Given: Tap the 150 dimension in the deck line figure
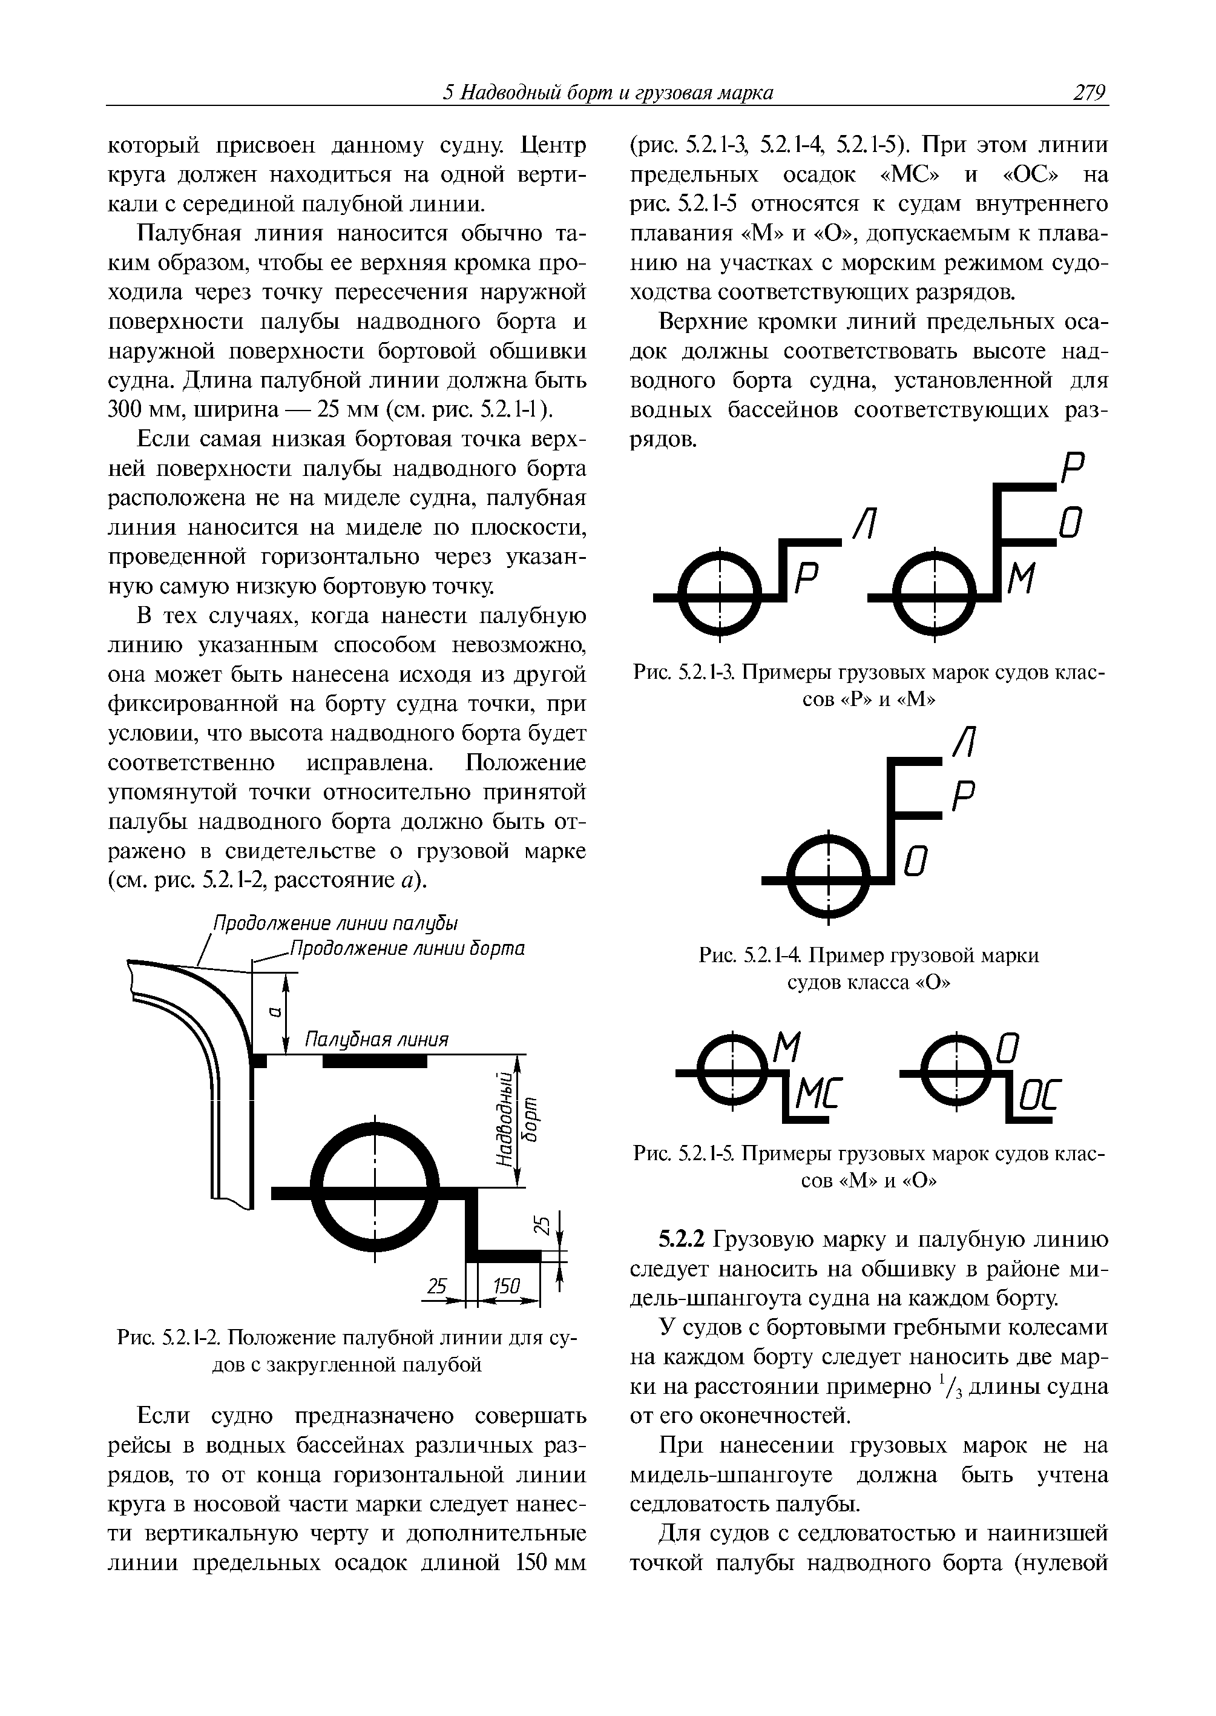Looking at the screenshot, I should (x=505, y=1286).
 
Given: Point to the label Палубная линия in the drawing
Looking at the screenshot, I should (x=376, y=1040).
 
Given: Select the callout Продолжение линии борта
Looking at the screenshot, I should (x=407, y=949).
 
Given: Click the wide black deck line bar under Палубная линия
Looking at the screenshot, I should (x=375, y=1061).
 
